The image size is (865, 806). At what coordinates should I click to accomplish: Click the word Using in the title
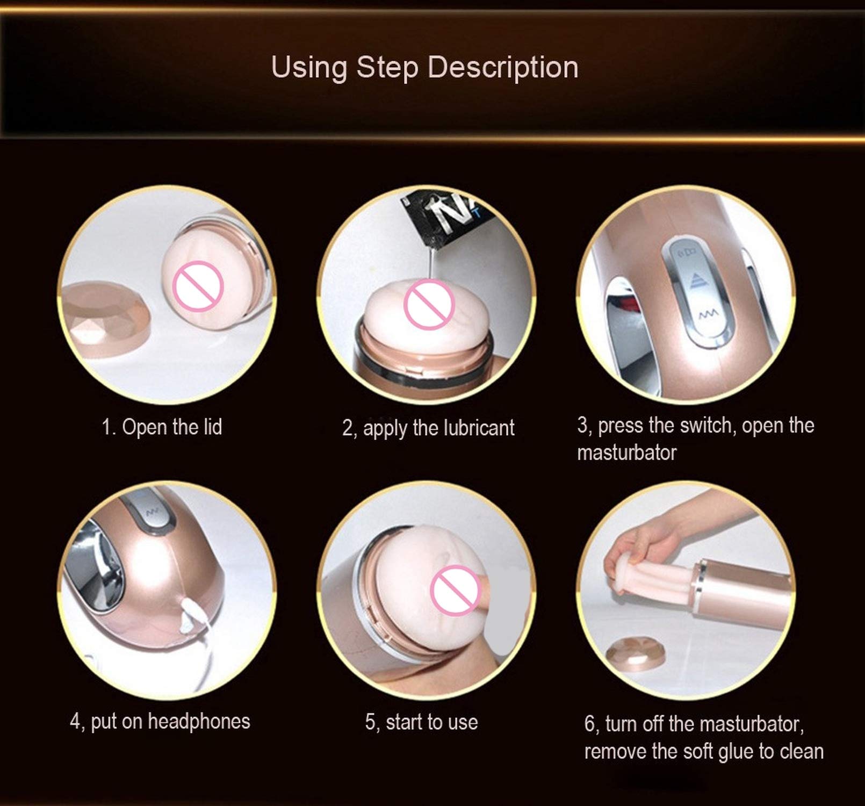[309, 68]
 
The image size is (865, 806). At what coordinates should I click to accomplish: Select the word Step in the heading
[387, 68]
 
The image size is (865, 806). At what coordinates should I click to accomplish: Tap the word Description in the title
[503, 68]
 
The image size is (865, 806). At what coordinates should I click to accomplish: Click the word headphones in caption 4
[199, 721]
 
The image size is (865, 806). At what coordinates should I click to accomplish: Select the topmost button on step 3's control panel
[687, 253]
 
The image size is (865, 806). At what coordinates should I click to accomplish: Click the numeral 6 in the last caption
[589, 724]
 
